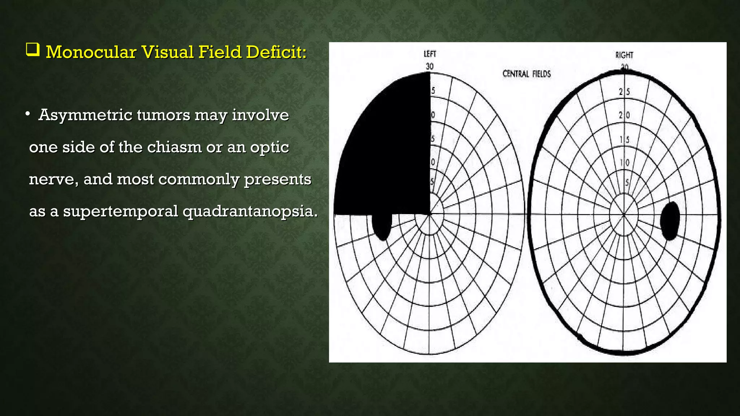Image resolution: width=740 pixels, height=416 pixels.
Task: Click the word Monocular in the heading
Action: pos(91,52)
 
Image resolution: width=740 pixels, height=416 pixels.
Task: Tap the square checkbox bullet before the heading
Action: pos(33,50)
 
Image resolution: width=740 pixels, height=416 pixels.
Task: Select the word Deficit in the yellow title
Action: pos(276,52)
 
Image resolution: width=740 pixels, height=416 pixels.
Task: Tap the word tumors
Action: pos(163,116)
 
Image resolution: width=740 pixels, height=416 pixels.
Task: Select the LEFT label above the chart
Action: pos(430,54)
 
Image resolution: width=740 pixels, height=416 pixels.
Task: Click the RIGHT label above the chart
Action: pos(624,55)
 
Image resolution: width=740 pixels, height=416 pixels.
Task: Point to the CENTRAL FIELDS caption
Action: pos(526,74)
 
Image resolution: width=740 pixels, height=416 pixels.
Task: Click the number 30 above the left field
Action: pos(429,66)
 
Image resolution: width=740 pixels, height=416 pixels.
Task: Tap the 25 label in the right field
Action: pos(624,92)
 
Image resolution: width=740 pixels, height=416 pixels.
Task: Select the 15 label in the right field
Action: pos(624,139)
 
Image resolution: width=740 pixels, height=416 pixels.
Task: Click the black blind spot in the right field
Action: pos(670,221)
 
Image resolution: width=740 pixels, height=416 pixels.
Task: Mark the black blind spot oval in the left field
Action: pos(382,226)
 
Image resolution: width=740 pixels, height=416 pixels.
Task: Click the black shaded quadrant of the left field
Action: pos(387,152)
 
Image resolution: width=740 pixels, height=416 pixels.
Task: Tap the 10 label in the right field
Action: pos(624,163)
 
